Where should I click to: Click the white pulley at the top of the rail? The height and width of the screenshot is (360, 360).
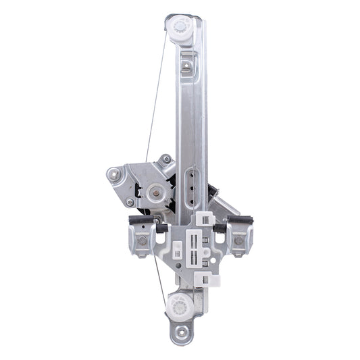coord(182,28)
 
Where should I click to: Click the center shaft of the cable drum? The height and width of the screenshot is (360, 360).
coord(156,192)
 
